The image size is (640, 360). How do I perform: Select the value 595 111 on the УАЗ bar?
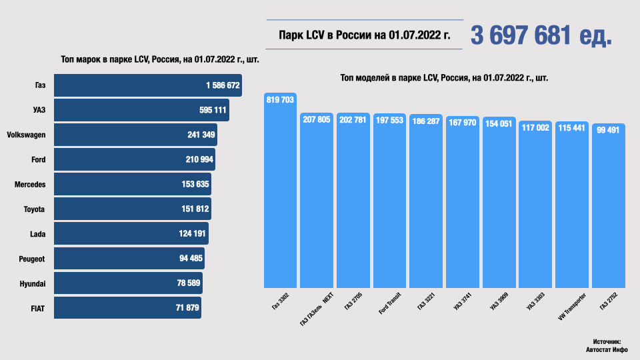pos(209,110)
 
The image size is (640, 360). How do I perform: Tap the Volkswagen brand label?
pos(26,135)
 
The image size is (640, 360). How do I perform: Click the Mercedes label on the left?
pos(30,184)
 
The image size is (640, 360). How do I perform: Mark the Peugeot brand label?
pos(31,259)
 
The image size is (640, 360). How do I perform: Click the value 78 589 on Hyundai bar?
pos(189,283)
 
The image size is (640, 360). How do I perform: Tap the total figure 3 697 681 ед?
pos(541,35)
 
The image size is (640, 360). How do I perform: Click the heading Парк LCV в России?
pos(363,35)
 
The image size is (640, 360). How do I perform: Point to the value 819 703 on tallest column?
pos(281,100)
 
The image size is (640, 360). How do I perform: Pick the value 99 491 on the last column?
pos(608,130)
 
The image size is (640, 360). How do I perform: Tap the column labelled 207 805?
pos(317,200)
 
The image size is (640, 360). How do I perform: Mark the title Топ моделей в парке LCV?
pos(444,78)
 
